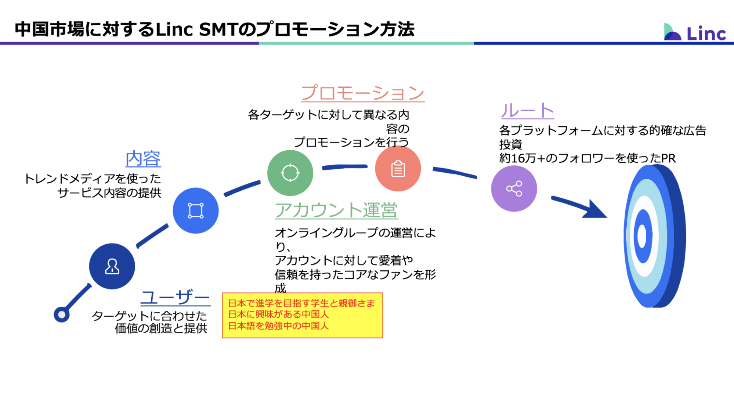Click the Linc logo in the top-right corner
pyautogui.click(x=695, y=32)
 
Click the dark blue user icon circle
pyautogui.click(x=112, y=266)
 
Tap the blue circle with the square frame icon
pyautogui.click(x=196, y=211)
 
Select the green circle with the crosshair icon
pyautogui.click(x=290, y=173)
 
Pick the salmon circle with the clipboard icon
pyautogui.click(x=398, y=169)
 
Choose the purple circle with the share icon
pyautogui.click(x=514, y=188)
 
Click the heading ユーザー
pyautogui.click(x=176, y=297)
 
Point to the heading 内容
pyautogui.click(x=143, y=159)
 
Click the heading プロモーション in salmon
pyautogui.click(x=363, y=93)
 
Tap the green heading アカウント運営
pyautogui.click(x=336, y=210)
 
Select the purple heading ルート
pyautogui.click(x=528, y=111)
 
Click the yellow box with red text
pyautogui.click(x=303, y=315)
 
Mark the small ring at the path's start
pyautogui.click(x=62, y=314)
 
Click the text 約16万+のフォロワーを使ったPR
pyautogui.click(x=587, y=158)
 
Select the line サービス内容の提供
pyautogui.click(x=109, y=193)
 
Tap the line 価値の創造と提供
pyautogui.click(x=161, y=328)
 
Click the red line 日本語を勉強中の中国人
pyautogui.click(x=278, y=326)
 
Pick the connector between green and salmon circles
pyautogui.click(x=344, y=167)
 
